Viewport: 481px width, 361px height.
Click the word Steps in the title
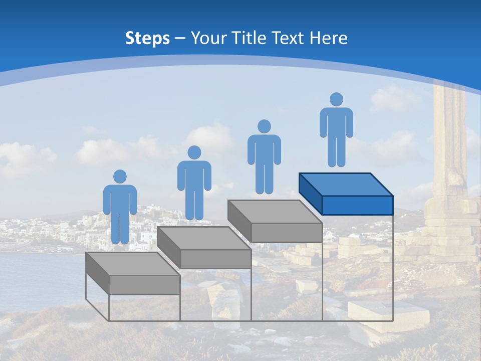(x=147, y=38)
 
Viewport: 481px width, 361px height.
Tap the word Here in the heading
(x=329, y=38)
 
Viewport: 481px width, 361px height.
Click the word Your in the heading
(x=208, y=38)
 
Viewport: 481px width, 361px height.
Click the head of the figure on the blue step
(x=336, y=99)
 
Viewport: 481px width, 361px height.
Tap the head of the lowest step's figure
(x=120, y=176)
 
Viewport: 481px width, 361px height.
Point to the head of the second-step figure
(x=194, y=152)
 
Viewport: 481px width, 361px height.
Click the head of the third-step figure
(x=264, y=126)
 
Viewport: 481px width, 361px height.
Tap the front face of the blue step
(x=357, y=205)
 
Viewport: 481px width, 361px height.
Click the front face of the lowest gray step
(x=144, y=285)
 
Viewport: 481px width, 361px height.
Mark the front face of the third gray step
(x=287, y=233)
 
